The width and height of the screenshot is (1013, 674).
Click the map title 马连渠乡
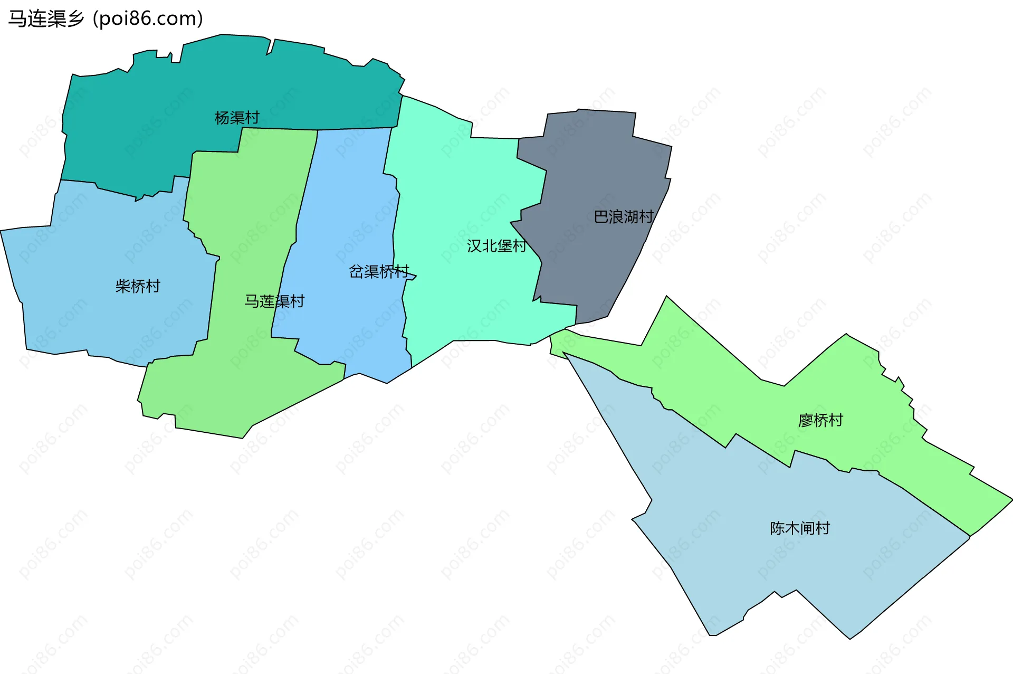click(x=46, y=19)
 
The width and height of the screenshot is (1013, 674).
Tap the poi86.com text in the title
click(x=148, y=19)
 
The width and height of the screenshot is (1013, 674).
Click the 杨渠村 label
click(x=237, y=118)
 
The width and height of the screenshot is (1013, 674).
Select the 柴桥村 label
click(x=138, y=286)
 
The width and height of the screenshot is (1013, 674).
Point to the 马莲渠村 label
click(x=274, y=301)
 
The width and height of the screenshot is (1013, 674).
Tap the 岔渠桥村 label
click(x=379, y=272)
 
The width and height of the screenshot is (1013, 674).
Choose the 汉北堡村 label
click(x=496, y=246)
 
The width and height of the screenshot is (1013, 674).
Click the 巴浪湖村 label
click(x=624, y=217)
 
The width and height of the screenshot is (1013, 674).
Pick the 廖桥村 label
click(x=820, y=421)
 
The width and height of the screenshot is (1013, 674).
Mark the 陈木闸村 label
click(x=800, y=528)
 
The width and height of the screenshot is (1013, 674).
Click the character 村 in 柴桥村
click(x=153, y=286)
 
